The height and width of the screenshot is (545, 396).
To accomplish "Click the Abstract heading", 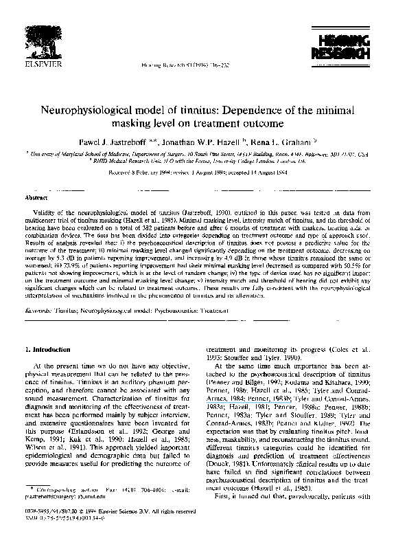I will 36,197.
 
